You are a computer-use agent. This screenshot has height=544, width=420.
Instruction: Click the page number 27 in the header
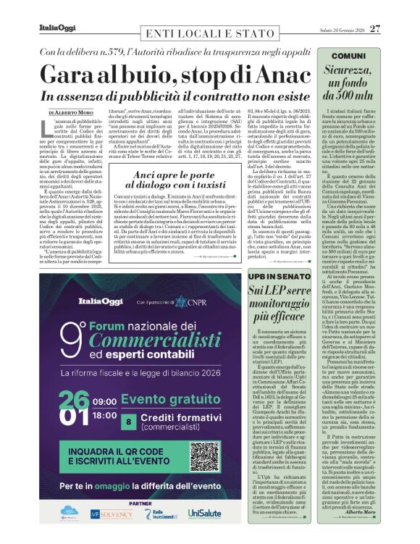tap(395, 29)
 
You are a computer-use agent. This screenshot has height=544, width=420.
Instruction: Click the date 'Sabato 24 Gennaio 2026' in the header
tap(341, 29)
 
